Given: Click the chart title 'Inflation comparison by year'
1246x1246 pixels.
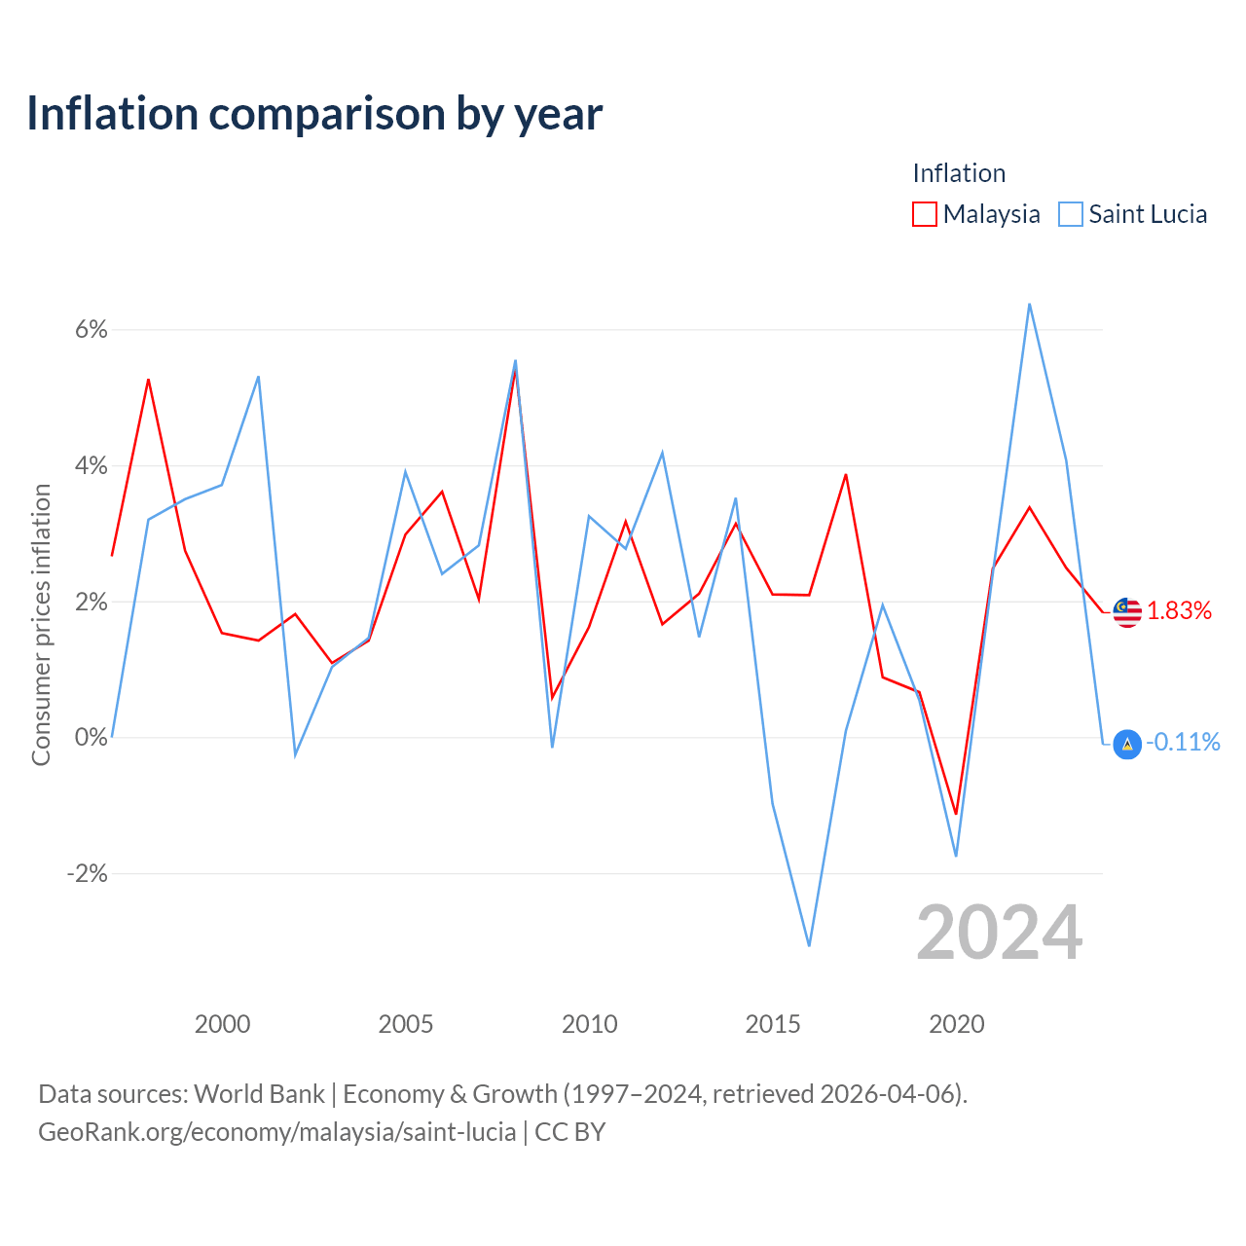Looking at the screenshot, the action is [314, 114].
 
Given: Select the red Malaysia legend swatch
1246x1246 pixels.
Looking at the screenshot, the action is [924, 214].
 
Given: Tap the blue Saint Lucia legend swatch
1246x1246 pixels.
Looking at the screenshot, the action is [1070, 214].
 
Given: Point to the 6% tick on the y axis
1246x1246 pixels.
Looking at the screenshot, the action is [92, 330].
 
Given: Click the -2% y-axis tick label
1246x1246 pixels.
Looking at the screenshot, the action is [88, 873].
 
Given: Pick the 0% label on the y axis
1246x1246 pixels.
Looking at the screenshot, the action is [92, 737].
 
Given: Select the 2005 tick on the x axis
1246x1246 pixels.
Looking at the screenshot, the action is [405, 1024].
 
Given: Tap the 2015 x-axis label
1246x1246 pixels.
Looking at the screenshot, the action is [773, 1024].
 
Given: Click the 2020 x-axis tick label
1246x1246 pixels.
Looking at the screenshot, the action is [956, 1024].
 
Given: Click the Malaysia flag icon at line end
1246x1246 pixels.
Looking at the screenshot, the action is [1127, 612].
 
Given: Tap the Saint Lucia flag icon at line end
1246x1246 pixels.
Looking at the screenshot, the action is [1127, 745].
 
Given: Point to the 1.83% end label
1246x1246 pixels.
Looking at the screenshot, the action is [1179, 611].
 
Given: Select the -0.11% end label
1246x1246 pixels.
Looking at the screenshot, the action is [1183, 743].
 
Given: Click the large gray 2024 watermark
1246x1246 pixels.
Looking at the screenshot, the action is [999, 934].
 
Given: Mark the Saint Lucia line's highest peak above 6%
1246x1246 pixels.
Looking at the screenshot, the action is [1029, 305].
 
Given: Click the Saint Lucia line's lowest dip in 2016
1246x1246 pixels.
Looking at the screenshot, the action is [809, 945].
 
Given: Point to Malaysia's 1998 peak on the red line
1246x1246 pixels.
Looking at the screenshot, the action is [148, 381].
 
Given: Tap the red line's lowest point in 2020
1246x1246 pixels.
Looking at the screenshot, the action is [956, 814].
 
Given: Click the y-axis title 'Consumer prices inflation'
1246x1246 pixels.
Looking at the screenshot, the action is [42, 625].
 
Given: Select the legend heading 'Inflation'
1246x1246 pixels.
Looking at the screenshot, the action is [959, 173].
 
